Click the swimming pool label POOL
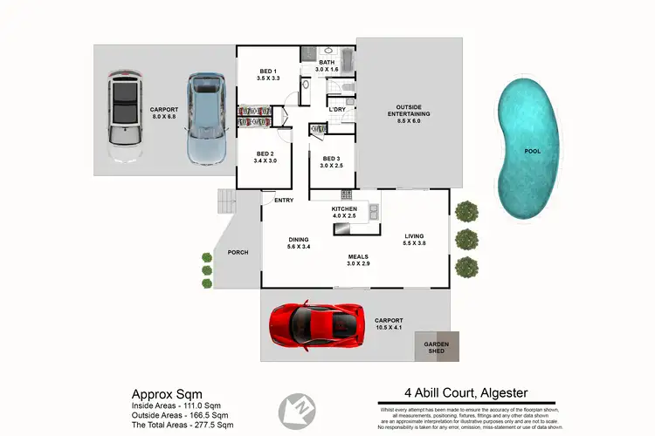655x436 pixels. [532, 151]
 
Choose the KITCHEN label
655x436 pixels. [345, 210]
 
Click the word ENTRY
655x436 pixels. [283, 201]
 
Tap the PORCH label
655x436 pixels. [238, 253]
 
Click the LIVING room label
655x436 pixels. [413, 236]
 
